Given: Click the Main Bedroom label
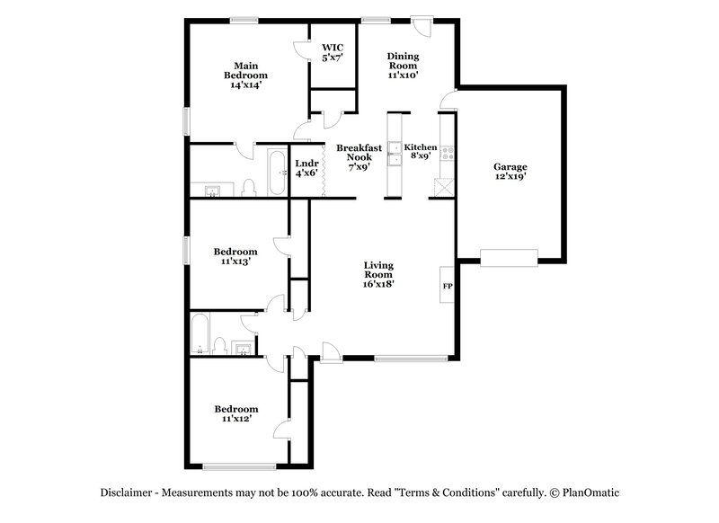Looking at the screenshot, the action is (x=245, y=75).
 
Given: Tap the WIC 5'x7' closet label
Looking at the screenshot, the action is (x=333, y=52).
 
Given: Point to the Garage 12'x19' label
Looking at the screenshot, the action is (x=510, y=172).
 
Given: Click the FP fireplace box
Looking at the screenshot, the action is (x=447, y=285).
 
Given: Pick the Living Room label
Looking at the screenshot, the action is (x=378, y=275).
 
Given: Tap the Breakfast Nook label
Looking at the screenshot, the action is (x=359, y=157).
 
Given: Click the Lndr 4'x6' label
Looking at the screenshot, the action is (x=306, y=168).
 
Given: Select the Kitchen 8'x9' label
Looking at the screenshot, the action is (x=420, y=151).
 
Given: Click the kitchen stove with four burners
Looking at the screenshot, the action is (x=447, y=153).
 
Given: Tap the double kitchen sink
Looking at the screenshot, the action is (x=395, y=154).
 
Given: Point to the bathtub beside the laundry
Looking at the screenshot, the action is (x=278, y=173).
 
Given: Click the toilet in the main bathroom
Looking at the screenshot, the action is (x=249, y=188).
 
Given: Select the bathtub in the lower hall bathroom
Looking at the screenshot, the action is (x=200, y=333).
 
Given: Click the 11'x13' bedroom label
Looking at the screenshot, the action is (x=235, y=256).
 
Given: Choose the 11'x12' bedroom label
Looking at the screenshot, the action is (x=236, y=413).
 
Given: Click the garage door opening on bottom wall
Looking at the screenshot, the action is (x=509, y=258).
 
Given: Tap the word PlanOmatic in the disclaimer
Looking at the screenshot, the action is (x=590, y=492).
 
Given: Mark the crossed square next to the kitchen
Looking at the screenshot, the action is (x=444, y=188).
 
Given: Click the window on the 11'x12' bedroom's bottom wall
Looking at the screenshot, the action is (x=239, y=466).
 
